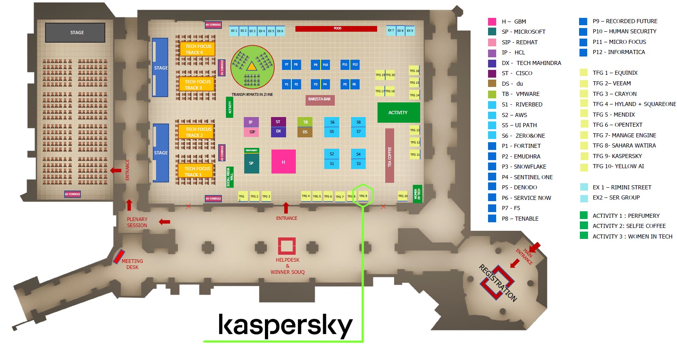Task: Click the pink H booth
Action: coord(283,162)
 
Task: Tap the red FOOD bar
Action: coord(336,28)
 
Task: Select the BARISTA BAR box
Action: coord(319,100)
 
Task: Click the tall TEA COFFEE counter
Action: coord(389,156)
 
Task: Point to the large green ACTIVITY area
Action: coord(398,113)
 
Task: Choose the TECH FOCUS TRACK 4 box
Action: coord(197,49)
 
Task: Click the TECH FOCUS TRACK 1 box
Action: coord(196,171)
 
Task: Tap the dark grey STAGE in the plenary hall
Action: coord(75,33)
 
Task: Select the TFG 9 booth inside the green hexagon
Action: coord(363,196)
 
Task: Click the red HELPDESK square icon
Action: coord(286,246)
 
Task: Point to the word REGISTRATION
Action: coord(498,283)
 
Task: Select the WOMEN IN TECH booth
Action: coord(417,194)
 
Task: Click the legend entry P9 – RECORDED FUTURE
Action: coord(625,21)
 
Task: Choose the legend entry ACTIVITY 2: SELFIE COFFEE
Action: coord(629,226)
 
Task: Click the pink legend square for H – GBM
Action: coord(492,22)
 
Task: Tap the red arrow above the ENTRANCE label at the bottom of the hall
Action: coord(286,208)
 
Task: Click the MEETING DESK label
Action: coord(132,264)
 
